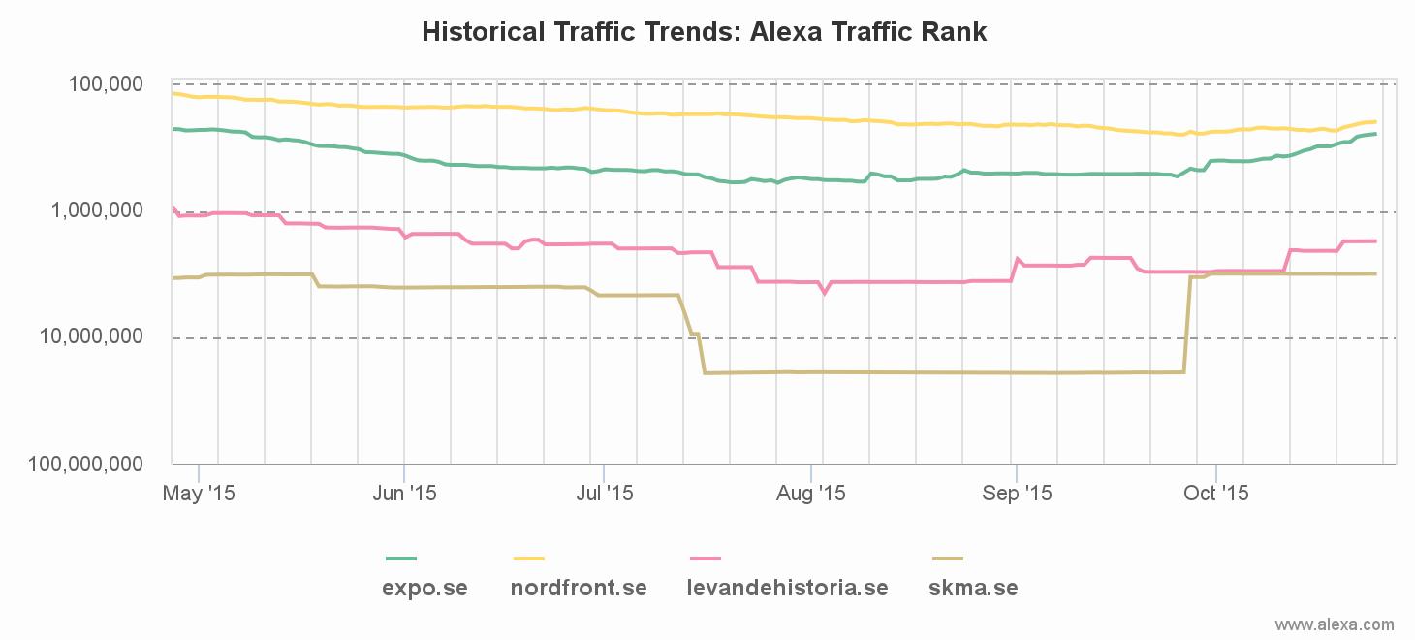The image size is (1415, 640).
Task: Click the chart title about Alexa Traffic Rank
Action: point(705,32)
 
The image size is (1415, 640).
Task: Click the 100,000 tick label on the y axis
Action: point(106,84)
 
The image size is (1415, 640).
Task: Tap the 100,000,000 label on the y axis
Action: point(86,464)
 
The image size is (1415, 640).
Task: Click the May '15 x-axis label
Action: point(199,494)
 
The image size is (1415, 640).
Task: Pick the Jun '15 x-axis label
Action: point(404,494)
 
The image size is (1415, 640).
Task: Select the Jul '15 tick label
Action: point(604,494)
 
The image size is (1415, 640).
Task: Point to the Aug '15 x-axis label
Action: point(812,494)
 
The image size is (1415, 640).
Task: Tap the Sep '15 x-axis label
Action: point(1017,494)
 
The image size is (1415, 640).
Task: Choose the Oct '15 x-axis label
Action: point(1216,494)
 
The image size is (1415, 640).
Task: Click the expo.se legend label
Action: point(424,588)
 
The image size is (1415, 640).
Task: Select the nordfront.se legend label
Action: point(579,588)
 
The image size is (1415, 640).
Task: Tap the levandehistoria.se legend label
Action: point(787,588)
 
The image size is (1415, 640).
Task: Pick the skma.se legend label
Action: point(973,588)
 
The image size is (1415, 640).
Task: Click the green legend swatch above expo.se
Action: point(401,559)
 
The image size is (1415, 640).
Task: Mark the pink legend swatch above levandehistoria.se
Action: point(706,559)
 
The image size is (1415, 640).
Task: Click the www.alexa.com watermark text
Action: point(1335,624)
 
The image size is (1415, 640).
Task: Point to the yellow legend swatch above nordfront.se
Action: point(529,559)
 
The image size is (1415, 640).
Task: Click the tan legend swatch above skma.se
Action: point(947,559)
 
